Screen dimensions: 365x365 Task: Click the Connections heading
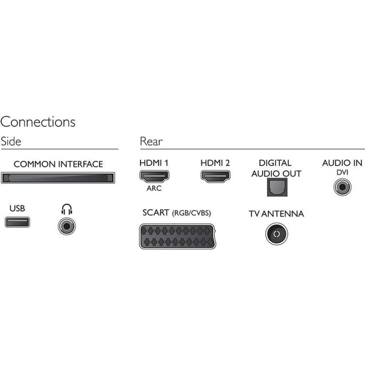(38, 122)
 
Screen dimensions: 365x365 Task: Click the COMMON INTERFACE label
(58, 164)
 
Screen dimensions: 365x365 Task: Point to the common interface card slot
(58, 178)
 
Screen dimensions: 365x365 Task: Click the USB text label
(17, 209)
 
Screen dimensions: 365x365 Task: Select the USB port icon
(17, 221)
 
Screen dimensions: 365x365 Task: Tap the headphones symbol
(66, 209)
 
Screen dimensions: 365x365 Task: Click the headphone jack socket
(66, 226)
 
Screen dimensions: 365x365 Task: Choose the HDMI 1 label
(155, 163)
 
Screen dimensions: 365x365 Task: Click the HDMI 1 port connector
(155, 176)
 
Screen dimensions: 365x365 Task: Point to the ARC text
(155, 188)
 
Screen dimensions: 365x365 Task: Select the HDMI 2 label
(215, 163)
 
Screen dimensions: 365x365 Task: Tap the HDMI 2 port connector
(215, 176)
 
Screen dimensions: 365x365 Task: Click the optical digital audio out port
(276, 187)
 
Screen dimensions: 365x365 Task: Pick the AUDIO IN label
(342, 163)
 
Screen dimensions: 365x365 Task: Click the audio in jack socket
(342, 187)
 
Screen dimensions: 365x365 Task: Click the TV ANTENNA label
(276, 214)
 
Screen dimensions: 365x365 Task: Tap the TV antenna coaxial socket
(276, 234)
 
